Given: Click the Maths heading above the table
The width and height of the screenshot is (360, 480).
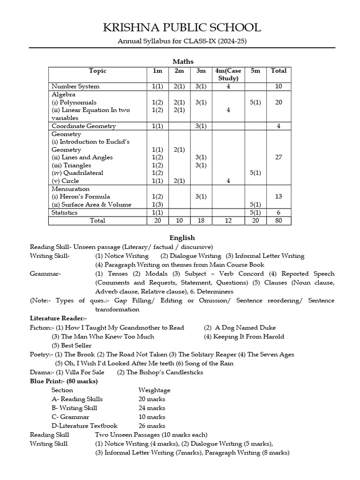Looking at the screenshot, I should (x=183, y=61).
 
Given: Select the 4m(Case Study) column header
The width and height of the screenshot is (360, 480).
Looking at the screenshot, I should (x=228, y=75).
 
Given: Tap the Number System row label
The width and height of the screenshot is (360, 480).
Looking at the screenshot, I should (x=75, y=86).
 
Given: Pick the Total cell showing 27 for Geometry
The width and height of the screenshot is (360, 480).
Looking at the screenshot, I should (x=278, y=157).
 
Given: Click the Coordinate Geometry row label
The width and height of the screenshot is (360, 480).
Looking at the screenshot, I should (x=84, y=126).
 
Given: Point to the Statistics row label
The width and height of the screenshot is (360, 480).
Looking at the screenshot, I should (x=65, y=212).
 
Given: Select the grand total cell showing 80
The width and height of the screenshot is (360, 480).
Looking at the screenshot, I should (x=278, y=220).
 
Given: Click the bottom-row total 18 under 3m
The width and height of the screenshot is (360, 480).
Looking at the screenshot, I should (x=201, y=220).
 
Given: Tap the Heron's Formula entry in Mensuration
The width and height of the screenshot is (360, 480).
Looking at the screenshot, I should (x=78, y=196).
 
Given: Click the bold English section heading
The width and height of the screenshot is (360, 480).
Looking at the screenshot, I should (x=182, y=238).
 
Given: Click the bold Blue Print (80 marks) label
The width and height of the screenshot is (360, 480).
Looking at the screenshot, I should (x=64, y=381).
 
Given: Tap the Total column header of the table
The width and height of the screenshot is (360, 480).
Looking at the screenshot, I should (x=278, y=71).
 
